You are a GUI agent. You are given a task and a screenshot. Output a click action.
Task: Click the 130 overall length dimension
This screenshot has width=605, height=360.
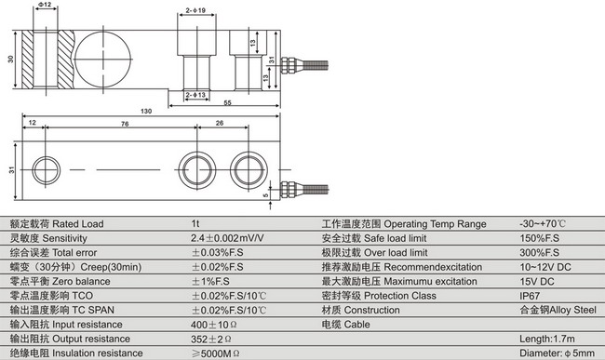[146, 111]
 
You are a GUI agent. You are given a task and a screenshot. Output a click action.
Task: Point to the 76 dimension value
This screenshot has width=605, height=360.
[124, 123]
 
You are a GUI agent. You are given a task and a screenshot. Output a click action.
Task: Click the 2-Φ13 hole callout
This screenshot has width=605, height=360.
[195, 94]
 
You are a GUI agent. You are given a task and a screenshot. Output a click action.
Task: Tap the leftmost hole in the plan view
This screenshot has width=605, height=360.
[46, 170]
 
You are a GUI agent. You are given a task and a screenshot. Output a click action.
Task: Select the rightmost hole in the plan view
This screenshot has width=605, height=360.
[249, 170]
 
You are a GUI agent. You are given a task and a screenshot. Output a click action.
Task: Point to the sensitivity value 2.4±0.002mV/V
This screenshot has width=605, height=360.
[227, 239]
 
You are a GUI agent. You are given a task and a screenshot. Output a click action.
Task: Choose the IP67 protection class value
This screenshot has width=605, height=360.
[531, 296]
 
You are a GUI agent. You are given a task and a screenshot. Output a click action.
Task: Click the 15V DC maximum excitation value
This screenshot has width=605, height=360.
[538, 281]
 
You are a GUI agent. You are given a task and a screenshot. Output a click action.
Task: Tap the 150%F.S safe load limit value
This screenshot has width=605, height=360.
[539, 239]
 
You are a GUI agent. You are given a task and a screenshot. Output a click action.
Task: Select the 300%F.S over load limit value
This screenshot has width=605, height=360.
[539, 253]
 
